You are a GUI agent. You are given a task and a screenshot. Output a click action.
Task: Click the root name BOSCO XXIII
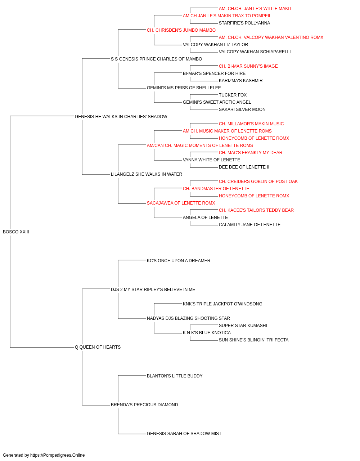[16, 232]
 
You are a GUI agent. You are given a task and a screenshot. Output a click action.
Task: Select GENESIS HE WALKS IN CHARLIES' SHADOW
[121, 117]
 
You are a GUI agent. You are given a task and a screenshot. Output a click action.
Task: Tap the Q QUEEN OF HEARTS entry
[98, 347]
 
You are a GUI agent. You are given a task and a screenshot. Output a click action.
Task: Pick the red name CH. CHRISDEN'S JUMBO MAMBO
[181, 30]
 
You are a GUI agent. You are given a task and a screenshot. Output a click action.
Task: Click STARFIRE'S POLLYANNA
[244, 23]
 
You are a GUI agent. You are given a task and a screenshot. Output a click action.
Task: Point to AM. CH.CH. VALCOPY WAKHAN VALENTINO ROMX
[271, 37]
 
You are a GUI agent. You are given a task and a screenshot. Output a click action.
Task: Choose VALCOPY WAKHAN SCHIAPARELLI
[255, 52]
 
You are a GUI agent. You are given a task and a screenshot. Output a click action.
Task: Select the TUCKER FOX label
[233, 95]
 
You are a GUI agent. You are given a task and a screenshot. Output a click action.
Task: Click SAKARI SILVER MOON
[242, 109]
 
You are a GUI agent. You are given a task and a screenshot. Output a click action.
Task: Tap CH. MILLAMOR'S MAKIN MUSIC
[251, 124]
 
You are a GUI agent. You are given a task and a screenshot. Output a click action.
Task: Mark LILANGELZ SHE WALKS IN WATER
[146, 174]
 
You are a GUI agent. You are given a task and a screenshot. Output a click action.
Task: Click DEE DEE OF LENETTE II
[244, 167]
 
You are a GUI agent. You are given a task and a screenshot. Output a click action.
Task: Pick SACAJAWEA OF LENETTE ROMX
[181, 203]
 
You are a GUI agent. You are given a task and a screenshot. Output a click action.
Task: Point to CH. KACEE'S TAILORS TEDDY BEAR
[256, 210]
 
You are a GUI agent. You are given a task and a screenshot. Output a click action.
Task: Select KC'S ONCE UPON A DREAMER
[179, 261]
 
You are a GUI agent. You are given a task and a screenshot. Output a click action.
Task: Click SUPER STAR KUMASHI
[243, 326]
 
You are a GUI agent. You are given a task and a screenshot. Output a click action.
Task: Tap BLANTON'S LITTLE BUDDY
[175, 376]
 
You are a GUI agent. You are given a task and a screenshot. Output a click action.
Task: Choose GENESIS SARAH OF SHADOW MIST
[184, 434]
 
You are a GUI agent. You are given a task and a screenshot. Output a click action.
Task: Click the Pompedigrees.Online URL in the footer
[57, 455]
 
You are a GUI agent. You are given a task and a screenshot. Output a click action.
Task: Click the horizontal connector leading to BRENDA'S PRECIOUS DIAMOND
[96, 405]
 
